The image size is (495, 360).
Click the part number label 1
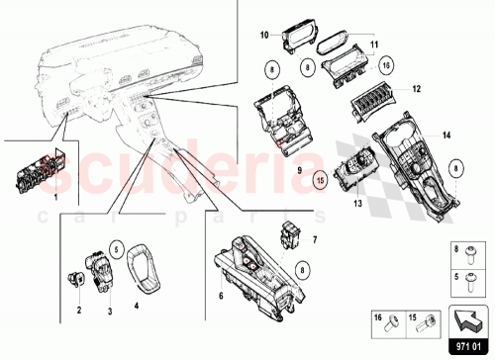[x=55, y=199]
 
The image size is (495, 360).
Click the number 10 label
[x=264, y=35]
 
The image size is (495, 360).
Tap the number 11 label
[x=374, y=45]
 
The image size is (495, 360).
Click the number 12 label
[x=417, y=89]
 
